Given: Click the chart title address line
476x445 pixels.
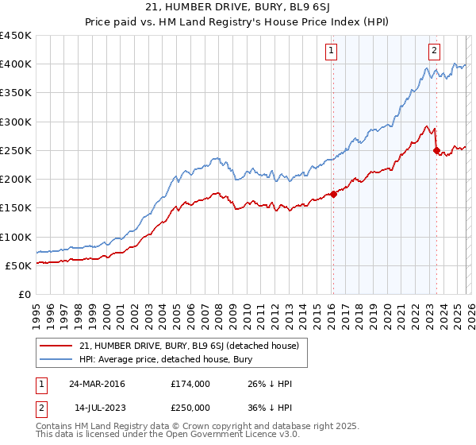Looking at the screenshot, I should point(238,7).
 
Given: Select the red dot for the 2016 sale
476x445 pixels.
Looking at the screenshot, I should point(333,194).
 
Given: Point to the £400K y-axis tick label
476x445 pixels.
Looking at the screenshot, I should point(16,64).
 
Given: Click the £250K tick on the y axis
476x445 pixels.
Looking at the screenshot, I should point(16,150).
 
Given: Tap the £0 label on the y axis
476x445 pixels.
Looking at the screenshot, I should point(25,294).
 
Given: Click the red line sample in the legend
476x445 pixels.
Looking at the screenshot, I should point(56,346).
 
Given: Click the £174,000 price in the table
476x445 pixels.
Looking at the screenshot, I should point(190,384).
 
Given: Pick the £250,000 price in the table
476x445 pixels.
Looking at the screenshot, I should point(190,407).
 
